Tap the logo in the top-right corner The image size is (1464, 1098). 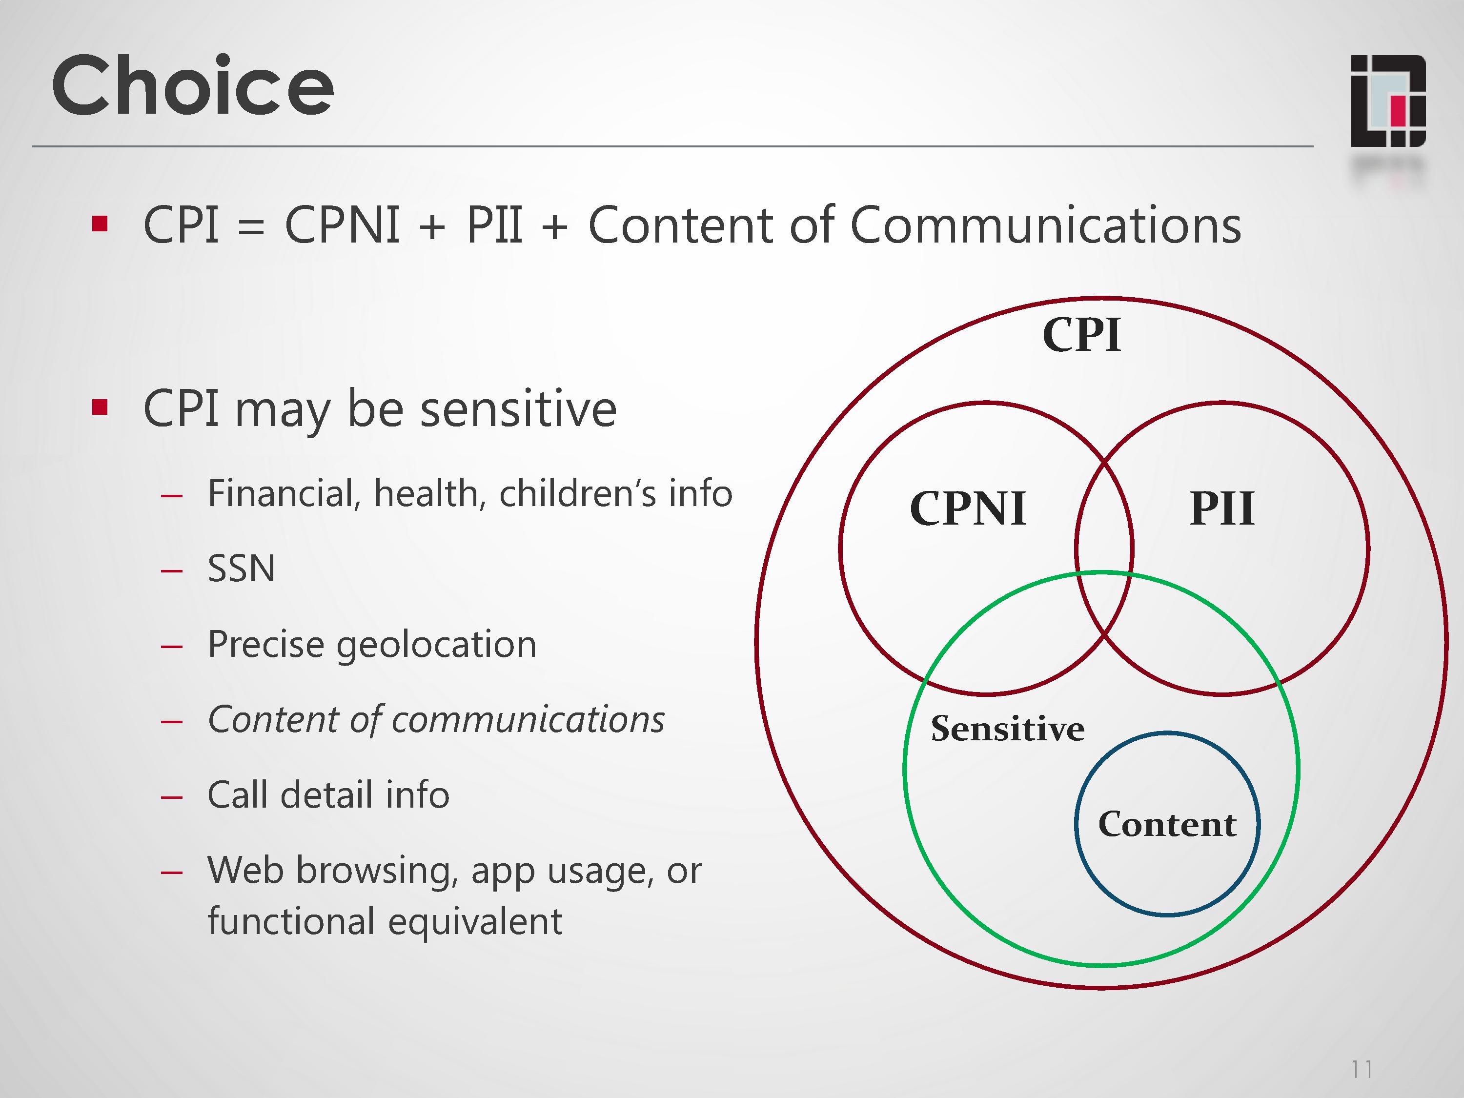(x=1387, y=101)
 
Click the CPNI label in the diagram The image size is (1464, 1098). (x=968, y=509)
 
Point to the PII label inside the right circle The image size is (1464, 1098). (x=1222, y=509)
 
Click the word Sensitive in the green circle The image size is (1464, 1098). (x=1007, y=729)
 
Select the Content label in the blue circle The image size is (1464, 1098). (x=1167, y=824)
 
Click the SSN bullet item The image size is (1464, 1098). (x=241, y=569)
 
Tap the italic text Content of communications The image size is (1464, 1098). (x=435, y=719)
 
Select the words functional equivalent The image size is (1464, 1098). (x=385, y=921)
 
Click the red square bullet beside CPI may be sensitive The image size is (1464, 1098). (x=100, y=407)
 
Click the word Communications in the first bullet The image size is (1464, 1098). (x=1045, y=225)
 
